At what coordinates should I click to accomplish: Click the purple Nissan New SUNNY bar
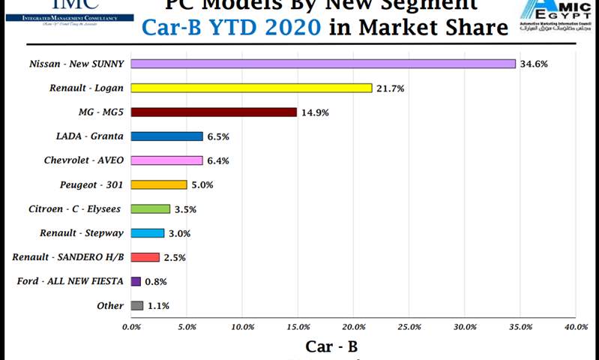coord(323,64)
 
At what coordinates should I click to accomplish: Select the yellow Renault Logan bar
coord(251,88)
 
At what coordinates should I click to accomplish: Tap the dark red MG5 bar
coord(214,112)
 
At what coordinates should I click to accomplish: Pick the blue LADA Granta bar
coord(166,136)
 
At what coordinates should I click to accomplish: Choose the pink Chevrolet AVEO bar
coord(166,160)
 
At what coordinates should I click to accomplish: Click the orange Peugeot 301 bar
coord(159,184)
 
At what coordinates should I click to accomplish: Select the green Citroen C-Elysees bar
coord(151,208)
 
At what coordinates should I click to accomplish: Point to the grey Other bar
coord(137,305)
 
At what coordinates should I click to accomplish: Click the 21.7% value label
coord(390,88)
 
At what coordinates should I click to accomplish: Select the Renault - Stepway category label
coord(82,233)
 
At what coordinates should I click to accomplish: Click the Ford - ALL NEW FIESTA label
coord(70,281)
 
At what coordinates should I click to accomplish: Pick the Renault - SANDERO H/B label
coord(67,257)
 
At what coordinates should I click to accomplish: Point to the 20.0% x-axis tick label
coord(354,327)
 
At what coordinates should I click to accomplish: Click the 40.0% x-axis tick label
coord(576,327)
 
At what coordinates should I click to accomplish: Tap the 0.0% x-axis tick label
coord(131,327)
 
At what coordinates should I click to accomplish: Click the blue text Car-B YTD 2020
coord(232,28)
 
